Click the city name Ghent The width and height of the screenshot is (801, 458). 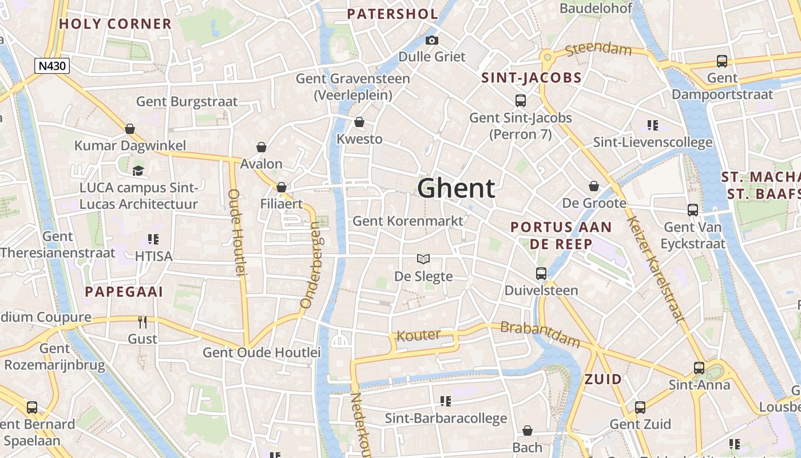456,188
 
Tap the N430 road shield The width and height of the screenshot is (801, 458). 51,66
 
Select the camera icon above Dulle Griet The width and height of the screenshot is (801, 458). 432,40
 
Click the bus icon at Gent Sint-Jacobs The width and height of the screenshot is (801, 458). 520,101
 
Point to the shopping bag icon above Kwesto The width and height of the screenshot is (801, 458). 359,122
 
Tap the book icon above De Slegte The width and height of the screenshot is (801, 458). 423,259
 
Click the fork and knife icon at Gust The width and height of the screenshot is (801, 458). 142,322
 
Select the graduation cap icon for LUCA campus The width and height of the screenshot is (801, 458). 138,171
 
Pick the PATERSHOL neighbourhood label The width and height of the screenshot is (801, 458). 392,14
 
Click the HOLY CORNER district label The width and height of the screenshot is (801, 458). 115,24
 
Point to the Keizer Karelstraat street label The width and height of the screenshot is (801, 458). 655,270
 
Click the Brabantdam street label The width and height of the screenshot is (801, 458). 540,334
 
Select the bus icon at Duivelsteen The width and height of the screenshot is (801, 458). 541,274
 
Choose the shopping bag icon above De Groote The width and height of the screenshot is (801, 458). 594,186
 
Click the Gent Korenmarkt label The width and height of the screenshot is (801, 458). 408,220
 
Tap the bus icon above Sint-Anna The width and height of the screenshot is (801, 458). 699,368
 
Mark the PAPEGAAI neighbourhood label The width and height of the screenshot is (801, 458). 124,292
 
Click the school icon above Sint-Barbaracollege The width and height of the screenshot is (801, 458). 445,401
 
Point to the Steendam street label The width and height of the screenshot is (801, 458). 598,50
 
